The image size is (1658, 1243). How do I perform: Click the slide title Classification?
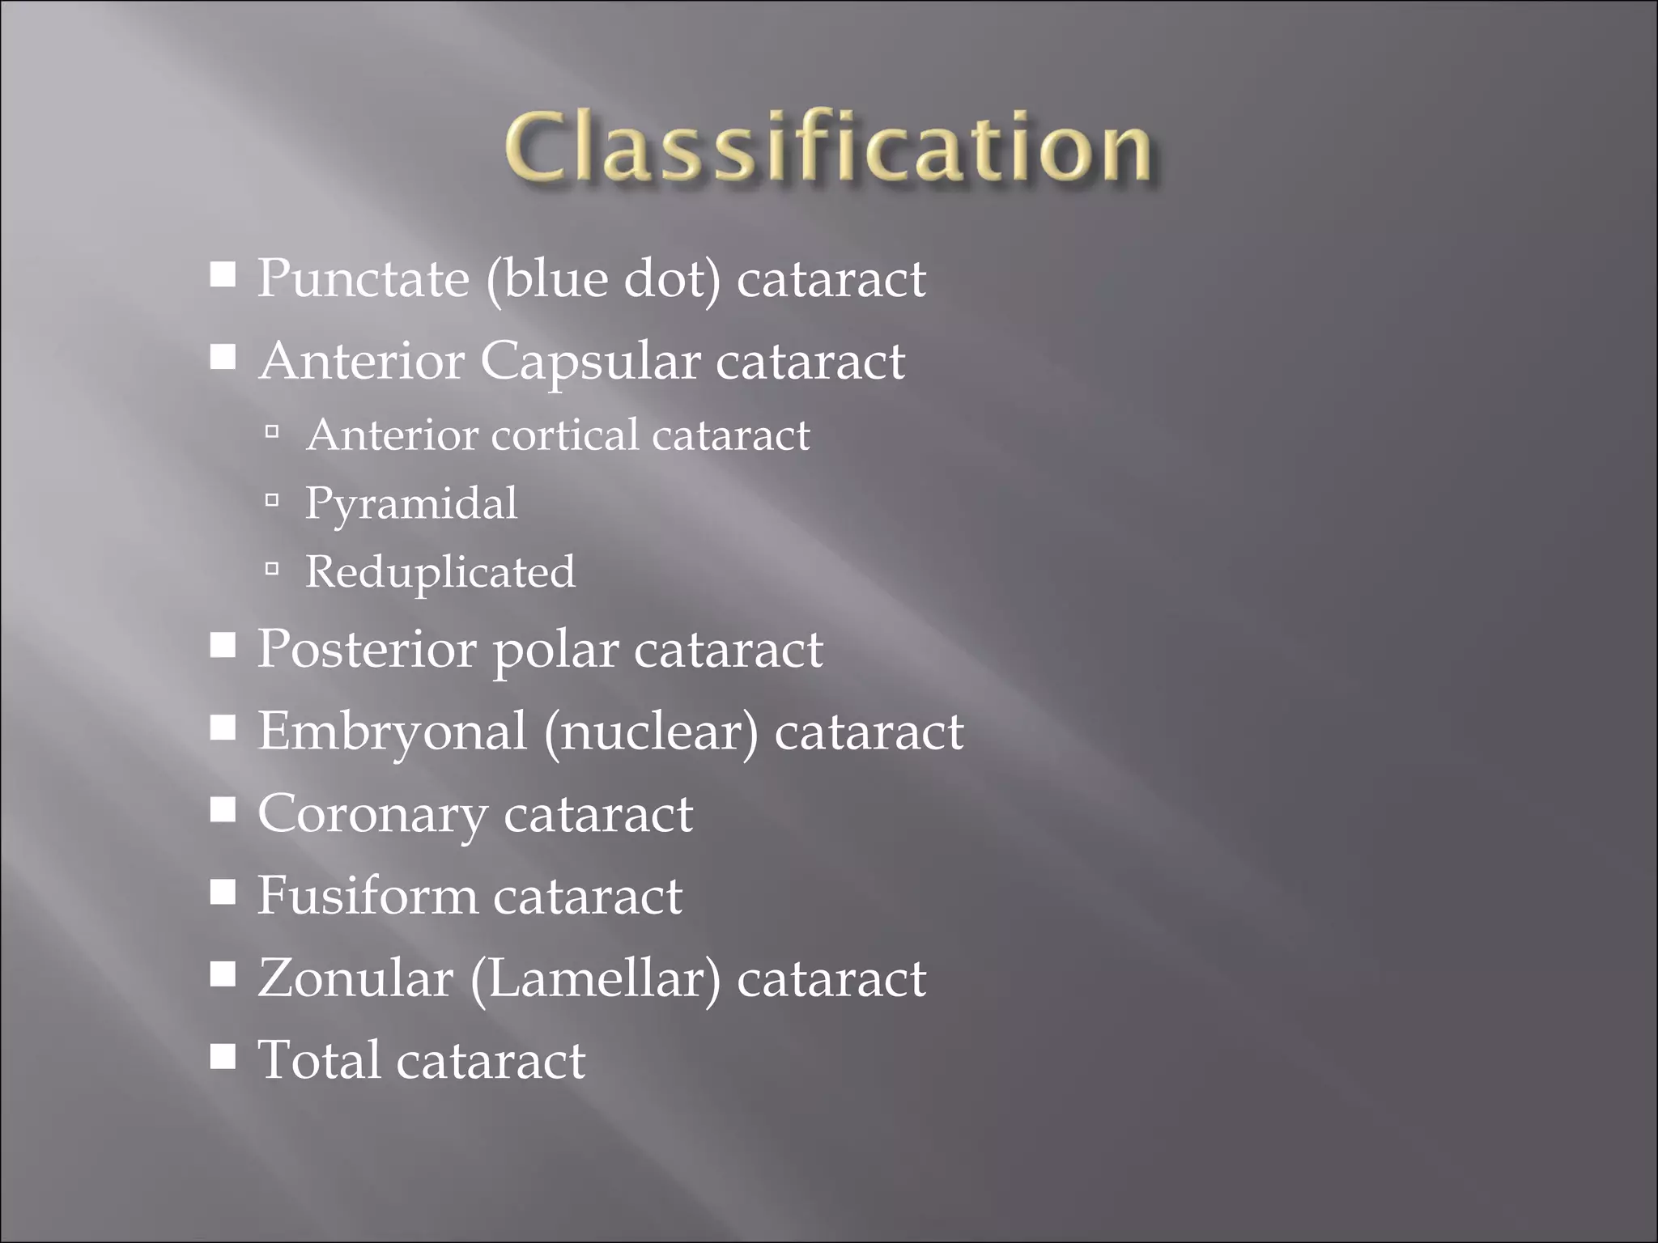(x=827, y=147)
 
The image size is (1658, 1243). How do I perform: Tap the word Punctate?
(x=363, y=278)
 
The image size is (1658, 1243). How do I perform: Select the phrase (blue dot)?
(x=602, y=280)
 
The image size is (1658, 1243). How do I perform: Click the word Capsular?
(x=590, y=362)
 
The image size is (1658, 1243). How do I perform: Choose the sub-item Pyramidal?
(x=411, y=504)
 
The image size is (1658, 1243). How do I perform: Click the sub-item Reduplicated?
(x=440, y=572)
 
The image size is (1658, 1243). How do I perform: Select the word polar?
(x=555, y=651)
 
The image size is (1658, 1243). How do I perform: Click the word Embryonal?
(x=392, y=732)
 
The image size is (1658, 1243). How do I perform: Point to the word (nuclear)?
(x=651, y=732)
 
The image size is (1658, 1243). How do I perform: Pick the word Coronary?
(x=372, y=815)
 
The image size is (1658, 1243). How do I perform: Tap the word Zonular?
(x=355, y=978)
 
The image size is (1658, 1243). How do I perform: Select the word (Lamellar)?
(x=594, y=979)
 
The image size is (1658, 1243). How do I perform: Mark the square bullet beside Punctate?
(x=223, y=275)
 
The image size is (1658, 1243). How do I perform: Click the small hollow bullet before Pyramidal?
(x=272, y=501)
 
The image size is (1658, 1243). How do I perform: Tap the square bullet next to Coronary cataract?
(x=223, y=810)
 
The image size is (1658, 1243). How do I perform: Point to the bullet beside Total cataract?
(x=223, y=1056)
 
